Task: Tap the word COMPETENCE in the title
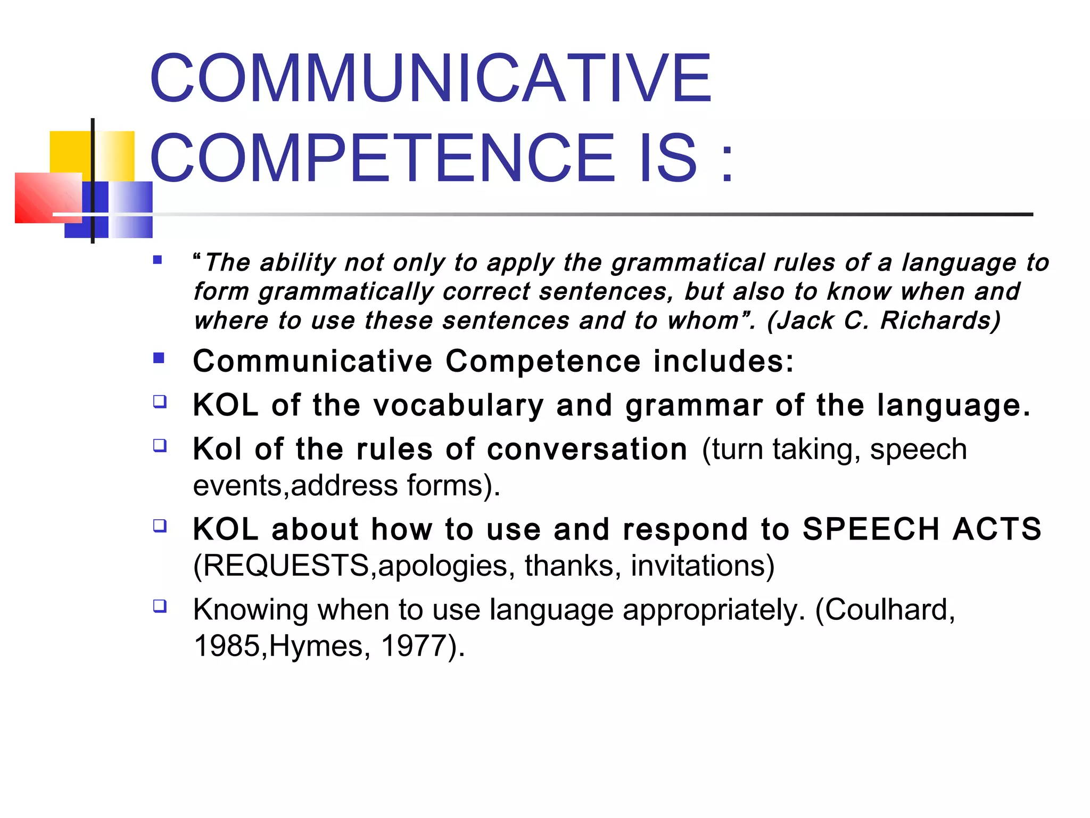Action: pos(382,158)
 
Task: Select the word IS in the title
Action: pos(668,158)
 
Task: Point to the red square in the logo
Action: pos(48,198)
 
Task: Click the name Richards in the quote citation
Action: pos(940,321)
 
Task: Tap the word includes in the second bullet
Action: pos(723,361)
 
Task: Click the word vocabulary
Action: pos(458,405)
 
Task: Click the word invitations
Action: pos(703,566)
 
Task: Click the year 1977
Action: pos(414,646)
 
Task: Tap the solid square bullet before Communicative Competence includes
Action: pos(159,358)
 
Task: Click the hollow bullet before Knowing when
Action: pos(160,606)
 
